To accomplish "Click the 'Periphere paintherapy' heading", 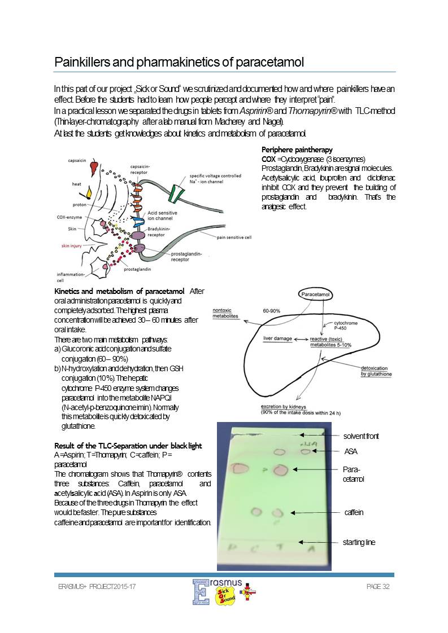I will pos(297,150).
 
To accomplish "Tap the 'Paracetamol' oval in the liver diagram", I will pos(315,294).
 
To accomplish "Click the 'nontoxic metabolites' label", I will pos(225,314).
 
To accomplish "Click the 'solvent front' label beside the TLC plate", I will pos(361,436).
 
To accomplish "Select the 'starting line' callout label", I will pos(359,542).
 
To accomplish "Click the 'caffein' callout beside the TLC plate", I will pos(354,512).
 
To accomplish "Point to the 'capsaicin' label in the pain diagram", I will pos(77,161).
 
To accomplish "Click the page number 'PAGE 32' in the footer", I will pos(378,587).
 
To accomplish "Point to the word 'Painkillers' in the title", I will pos(83,62).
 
